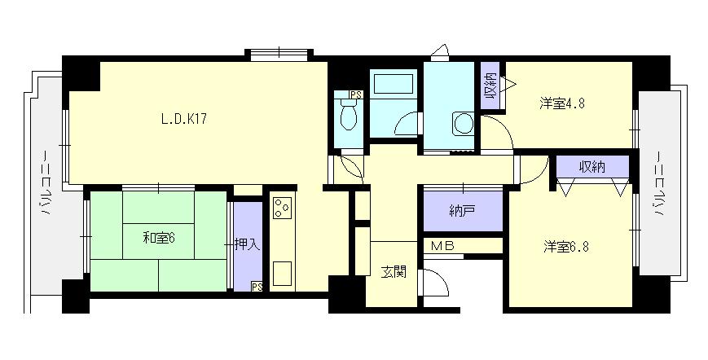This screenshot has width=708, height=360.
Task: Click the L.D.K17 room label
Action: (184, 119)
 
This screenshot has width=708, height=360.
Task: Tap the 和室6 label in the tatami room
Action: (159, 238)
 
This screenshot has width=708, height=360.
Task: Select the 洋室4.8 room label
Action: (562, 103)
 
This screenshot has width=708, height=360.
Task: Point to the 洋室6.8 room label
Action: (565, 248)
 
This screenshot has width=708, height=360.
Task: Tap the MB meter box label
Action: (442, 246)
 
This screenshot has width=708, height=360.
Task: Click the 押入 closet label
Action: (248, 245)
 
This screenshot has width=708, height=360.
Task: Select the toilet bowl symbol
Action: (348, 115)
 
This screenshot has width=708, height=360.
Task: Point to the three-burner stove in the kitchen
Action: (283, 207)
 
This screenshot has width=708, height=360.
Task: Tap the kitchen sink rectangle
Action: (282, 274)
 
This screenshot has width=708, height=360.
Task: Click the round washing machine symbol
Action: (464, 123)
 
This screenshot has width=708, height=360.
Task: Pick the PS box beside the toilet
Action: (357, 94)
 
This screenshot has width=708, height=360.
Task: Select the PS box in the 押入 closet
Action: (257, 286)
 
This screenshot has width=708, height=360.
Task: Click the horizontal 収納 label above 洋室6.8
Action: (592, 167)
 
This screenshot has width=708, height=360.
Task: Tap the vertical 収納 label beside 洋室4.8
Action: (490, 86)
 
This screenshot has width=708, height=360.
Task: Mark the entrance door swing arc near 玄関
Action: (440, 277)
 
